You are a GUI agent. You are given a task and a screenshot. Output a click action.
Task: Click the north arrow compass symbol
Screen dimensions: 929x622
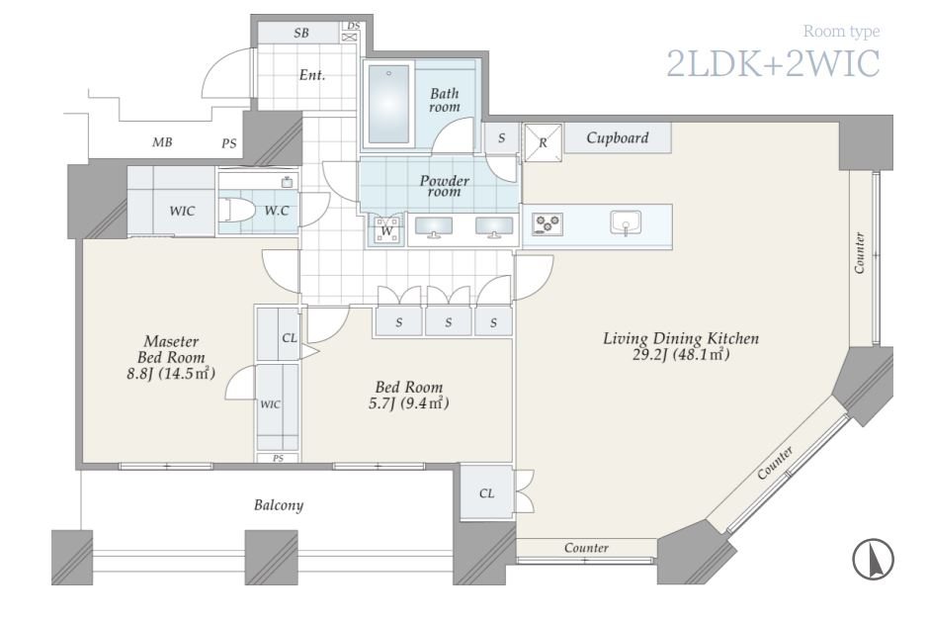[x=873, y=559]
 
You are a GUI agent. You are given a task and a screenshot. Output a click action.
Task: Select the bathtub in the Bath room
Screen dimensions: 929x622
[x=388, y=105]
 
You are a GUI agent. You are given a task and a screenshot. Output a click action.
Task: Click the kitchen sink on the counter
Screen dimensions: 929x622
[x=626, y=222]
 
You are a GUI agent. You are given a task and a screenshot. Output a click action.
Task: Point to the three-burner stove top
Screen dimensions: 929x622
[x=547, y=224]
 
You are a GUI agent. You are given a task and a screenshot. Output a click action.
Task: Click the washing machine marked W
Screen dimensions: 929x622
[x=385, y=230]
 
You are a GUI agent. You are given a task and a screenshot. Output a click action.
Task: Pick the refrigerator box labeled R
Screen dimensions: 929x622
[x=543, y=142]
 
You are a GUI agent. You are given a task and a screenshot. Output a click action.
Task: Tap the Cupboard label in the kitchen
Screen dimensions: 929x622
[x=618, y=138]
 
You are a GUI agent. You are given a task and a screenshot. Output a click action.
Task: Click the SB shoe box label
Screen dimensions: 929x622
[x=301, y=34]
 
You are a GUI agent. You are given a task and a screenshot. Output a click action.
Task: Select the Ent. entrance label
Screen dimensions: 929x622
[x=311, y=75]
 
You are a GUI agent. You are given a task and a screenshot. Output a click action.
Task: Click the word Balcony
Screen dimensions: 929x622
[x=279, y=505]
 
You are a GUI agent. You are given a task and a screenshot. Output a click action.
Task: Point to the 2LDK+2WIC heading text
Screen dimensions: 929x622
[x=773, y=63]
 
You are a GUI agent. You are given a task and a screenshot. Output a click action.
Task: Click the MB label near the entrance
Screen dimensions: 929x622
[x=162, y=142]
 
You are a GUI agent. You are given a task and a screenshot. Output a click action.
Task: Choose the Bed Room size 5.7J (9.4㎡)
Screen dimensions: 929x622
[x=409, y=403]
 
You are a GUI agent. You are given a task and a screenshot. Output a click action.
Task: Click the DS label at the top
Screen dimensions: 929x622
[x=353, y=26]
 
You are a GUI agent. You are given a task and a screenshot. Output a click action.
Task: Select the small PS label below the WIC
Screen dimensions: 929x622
[x=278, y=459]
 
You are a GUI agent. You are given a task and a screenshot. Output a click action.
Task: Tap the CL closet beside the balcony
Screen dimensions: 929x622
[x=486, y=493]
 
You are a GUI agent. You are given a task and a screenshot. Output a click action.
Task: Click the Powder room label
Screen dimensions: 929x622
[x=445, y=186]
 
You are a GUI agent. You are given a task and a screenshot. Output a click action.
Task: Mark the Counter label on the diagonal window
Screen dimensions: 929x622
[x=775, y=464]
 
